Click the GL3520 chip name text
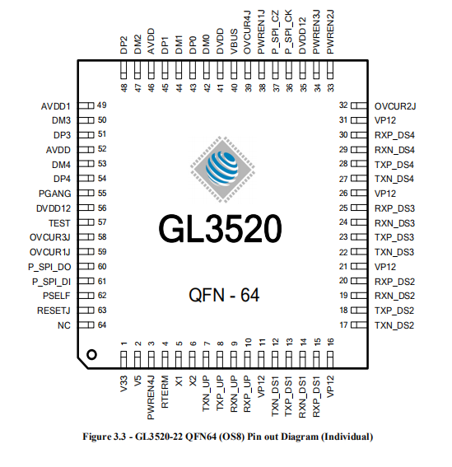[x=220, y=230]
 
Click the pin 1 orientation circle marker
[x=92, y=354]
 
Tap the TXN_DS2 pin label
[x=394, y=326]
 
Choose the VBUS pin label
[x=235, y=45]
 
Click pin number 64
[x=103, y=325]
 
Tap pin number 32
[x=343, y=106]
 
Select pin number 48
[x=123, y=86]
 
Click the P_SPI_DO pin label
[x=49, y=267]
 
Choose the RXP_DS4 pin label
[x=394, y=134]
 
